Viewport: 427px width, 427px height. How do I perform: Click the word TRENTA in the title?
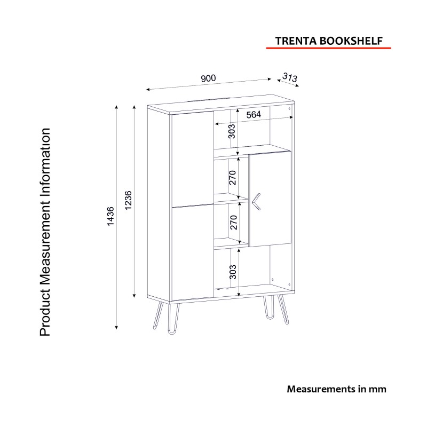pyautogui.click(x=296, y=41)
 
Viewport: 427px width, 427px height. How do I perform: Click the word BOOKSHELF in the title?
pyautogui.click(x=351, y=41)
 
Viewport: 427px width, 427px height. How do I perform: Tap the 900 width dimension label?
pyautogui.click(x=208, y=78)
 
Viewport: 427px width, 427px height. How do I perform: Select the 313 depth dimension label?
pyautogui.click(x=290, y=77)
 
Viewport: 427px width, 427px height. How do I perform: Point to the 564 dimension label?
pyautogui.click(x=254, y=115)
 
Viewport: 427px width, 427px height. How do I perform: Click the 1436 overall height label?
pyautogui.click(x=110, y=216)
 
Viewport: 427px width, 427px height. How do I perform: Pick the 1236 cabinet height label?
pyautogui.click(x=128, y=200)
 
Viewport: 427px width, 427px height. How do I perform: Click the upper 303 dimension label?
pyautogui.click(x=232, y=131)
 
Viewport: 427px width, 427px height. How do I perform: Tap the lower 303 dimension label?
pyautogui.click(x=233, y=272)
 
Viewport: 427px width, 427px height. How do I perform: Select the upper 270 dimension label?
pyautogui.click(x=232, y=178)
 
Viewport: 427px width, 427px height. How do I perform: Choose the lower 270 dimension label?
pyautogui.click(x=234, y=222)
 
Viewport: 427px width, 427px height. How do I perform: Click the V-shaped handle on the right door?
pyautogui.click(x=257, y=202)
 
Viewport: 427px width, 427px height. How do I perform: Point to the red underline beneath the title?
pyautogui.click(x=328, y=48)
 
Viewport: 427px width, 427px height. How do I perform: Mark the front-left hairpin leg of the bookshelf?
pyautogui.click(x=174, y=319)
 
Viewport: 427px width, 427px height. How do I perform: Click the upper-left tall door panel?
pyautogui.click(x=192, y=159)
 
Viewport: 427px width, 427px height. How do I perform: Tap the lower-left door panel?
pyautogui.click(x=193, y=252)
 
